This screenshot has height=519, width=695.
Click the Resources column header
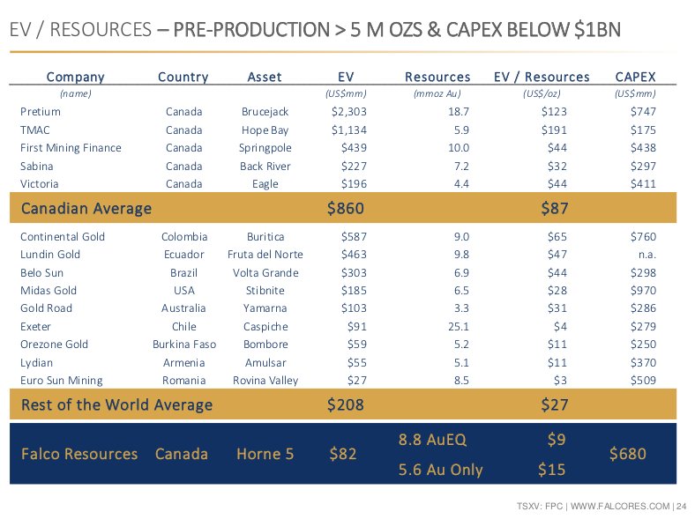(x=437, y=77)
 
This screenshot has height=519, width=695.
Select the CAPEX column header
(x=635, y=77)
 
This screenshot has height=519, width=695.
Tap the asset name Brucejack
(x=265, y=112)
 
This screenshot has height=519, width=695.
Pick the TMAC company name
(x=35, y=130)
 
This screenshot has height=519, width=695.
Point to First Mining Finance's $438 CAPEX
(x=643, y=148)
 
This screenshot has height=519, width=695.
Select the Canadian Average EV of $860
(x=345, y=209)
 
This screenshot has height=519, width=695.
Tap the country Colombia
(x=184, y=237)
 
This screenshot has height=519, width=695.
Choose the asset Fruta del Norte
(x=265, y=255)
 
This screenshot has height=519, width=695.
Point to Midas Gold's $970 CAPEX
(x=643, y=291)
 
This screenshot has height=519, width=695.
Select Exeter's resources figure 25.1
(x=458, y=327)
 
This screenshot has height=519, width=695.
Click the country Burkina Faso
(x=184, y=345)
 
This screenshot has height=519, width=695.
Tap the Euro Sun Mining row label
(x=62, y=381)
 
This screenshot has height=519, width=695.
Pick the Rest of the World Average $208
(x=345, y=405)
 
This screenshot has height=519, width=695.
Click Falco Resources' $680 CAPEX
(x=627, y=454)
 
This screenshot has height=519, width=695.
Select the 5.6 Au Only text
(x=440, y=470)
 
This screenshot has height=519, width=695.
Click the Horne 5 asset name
(x=265, y=454)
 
